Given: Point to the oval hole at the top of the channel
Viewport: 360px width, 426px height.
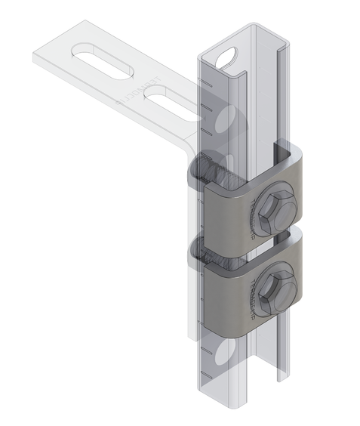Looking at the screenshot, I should click(226, 56).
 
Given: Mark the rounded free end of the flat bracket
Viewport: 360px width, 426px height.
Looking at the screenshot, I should click(45, 57).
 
